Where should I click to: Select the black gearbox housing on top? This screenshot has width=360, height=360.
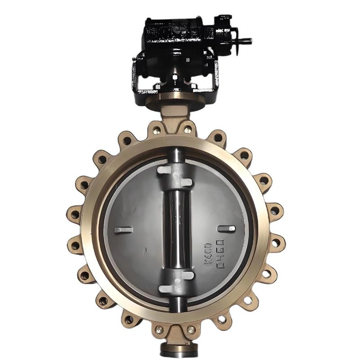click(178, 34)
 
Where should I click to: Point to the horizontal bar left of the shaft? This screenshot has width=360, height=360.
click(123, 230)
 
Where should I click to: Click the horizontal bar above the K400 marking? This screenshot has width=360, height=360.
click(226, 229)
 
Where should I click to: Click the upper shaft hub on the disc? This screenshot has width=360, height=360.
click(177, 175)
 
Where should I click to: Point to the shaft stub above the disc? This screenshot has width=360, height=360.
click(177, 155)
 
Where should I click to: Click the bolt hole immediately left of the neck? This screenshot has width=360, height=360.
click(156, 130)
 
